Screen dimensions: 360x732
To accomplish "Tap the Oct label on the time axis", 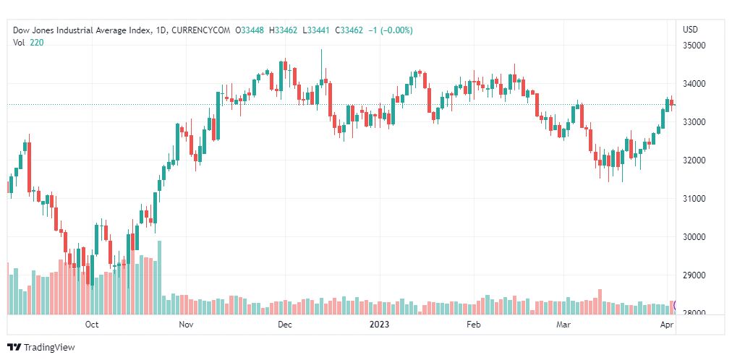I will (x=91, y=325).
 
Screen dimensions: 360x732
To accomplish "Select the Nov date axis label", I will (x=186, y=325).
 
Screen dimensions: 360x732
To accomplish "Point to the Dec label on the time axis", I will (x=284, y=325).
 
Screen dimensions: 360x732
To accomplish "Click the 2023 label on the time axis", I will (x=380, y=325).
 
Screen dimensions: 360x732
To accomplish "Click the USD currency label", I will (x=690, y=30).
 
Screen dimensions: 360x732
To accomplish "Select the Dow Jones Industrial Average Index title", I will (x=82, y=30).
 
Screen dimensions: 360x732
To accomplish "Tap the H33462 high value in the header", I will (x=284, y=30).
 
